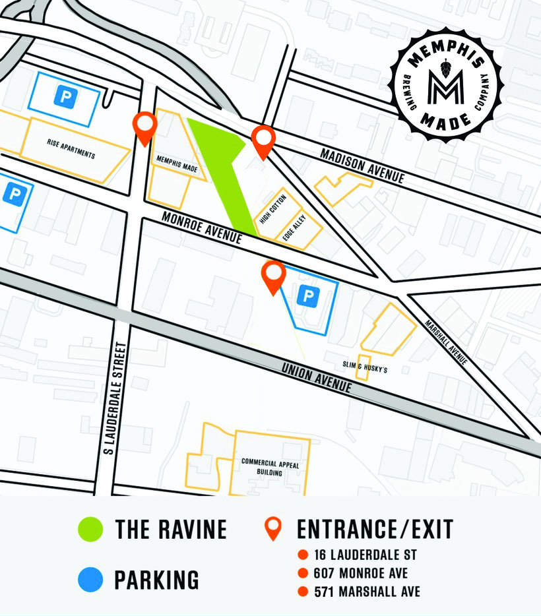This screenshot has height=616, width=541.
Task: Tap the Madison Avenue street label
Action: pos(362,165)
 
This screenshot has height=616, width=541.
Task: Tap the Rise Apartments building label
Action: pos(71,149)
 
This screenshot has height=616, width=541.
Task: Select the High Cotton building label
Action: pos(269,209)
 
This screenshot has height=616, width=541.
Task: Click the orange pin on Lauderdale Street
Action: pos(144,127)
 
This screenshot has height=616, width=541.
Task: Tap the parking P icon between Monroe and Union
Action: pos(306,296)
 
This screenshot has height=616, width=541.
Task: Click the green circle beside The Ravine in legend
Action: pos(90,529)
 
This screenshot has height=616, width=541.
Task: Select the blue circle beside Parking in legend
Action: pos(90,580)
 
